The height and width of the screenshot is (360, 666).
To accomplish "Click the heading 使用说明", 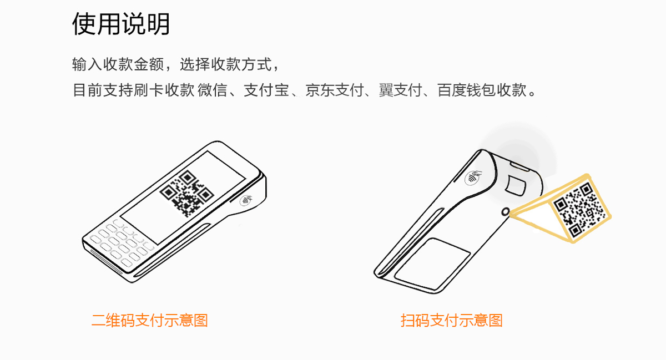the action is tap(121, 24).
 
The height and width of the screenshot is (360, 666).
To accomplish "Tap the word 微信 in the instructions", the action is tap(212, 90).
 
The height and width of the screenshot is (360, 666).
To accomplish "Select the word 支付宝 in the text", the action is tap(266, 90).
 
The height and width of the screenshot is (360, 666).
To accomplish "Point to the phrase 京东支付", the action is tap(335, 90).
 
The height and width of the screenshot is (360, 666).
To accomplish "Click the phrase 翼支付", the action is tap(400, 90).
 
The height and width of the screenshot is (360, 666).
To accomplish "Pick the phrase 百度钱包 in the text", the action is tap(467, 90).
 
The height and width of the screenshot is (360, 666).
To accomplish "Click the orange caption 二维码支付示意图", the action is tap(149, 321).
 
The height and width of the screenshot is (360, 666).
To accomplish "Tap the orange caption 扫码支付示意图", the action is tap(451, 321).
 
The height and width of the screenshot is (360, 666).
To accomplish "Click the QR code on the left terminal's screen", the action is tap(186, 193).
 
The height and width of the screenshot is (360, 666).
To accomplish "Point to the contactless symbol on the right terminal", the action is tap(473, 178).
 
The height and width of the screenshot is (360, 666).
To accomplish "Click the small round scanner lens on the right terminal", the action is tap(506, 212).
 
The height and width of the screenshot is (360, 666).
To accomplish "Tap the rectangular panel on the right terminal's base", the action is tap(432, 263).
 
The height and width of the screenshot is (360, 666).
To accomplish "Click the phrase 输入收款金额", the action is tap(118, 64).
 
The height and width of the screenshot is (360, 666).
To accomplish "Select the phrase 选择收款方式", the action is tap(226, 64).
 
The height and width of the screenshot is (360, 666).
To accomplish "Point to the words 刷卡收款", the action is tap(164, 90).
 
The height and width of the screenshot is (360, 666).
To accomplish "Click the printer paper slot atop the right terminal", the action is tap(519, 167).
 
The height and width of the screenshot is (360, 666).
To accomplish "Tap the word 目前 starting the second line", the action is tap(88, 90).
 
